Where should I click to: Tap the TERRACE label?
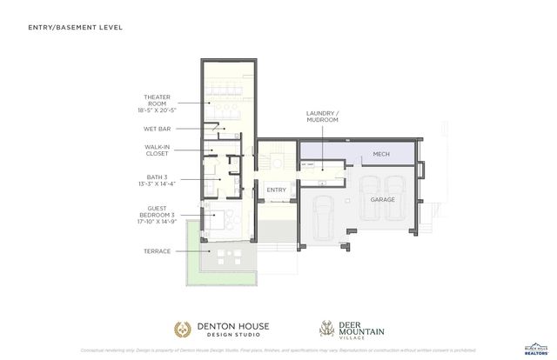[x=158, y=251]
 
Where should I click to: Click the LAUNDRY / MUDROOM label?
[x=322, y=117]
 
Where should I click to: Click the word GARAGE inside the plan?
[x=384, y=199]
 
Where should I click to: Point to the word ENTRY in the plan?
[x=276, y=190]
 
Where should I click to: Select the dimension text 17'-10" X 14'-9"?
[x=157, y=222]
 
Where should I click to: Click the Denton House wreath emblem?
[x=183, y=329]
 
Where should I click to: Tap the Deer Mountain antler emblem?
[x=329, y=328]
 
